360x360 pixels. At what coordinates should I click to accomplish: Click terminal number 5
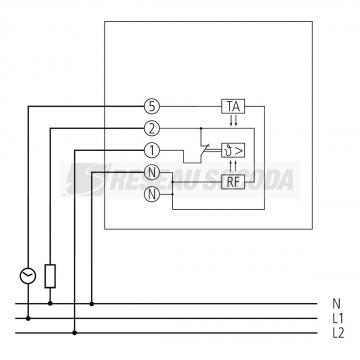point(150,105)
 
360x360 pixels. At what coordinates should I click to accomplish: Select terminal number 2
point(150,128)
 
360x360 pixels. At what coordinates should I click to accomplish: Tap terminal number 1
point(150,150)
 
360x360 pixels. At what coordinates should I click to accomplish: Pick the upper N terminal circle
point(150,172)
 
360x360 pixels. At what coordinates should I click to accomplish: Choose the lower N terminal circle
point(150,194)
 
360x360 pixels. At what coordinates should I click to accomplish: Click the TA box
point(232,105)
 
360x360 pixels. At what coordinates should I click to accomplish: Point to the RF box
point(232,180)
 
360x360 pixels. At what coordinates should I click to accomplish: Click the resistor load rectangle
point(50,274)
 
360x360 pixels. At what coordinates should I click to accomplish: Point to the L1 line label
point(336,317)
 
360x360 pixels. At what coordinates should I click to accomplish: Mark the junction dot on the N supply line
point(93,303)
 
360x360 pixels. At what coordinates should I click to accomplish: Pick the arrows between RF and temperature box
point(232,165)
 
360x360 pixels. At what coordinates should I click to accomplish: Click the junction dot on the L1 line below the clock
point(28,317)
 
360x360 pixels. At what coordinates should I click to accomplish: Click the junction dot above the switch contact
point(201,128)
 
